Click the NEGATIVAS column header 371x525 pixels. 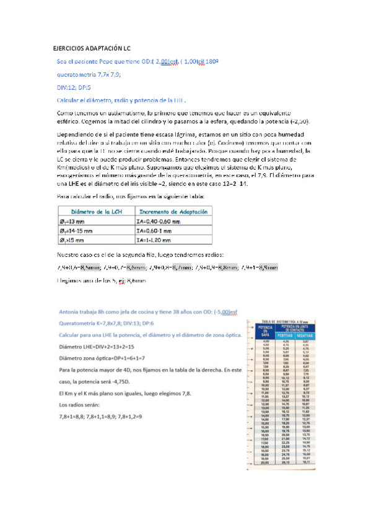pos(305,336)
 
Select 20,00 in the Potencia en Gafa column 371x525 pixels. pos(267,479)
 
